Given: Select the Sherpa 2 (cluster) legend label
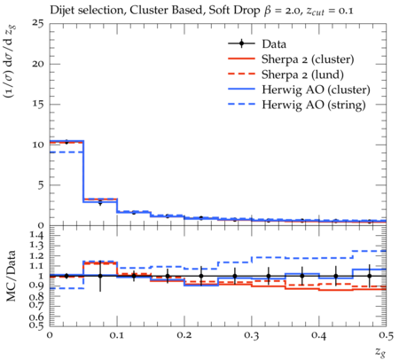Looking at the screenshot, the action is (308, 59).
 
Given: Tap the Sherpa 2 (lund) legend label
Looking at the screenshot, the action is (302, 74).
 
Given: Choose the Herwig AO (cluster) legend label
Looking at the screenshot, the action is (316, 90).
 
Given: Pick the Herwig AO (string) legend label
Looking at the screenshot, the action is (314, 105).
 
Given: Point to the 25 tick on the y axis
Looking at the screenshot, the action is (39, 24).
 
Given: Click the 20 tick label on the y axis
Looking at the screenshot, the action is (39, 64).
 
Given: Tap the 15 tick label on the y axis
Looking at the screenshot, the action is (39, 105).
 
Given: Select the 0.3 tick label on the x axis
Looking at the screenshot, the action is (252, 335).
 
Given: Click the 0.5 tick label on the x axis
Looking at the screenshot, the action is (386, 335).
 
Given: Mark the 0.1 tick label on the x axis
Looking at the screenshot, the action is (117, 335).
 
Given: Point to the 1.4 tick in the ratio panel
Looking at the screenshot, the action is (37, 235).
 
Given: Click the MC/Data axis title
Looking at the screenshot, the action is (12, 276).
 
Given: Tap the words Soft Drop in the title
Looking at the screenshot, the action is (234, 10).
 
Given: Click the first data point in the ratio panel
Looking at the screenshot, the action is (66, 276).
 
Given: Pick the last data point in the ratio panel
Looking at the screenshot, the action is (370, 276).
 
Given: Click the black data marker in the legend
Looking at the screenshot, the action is (241, 43).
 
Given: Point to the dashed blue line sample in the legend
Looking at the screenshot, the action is (241, 105).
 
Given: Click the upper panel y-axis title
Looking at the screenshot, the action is (11, 62).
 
